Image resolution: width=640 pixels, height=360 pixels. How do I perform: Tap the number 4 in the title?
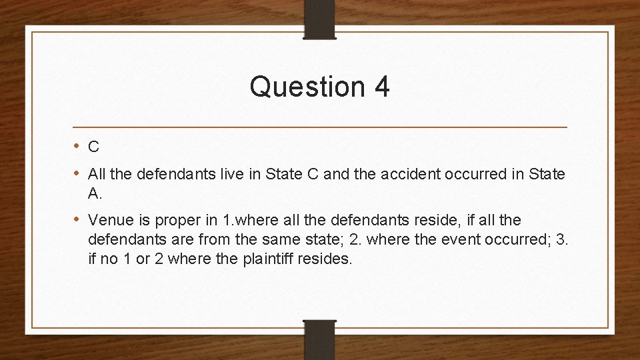tap(381, 87)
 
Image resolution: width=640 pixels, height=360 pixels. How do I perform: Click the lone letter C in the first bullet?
tap(94, 147)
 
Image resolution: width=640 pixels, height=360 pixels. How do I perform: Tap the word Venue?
tap(111, 220)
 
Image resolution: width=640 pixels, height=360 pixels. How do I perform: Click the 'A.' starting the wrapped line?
tap(94, 193)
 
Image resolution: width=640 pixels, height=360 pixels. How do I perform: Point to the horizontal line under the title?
tap(319, 127)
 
